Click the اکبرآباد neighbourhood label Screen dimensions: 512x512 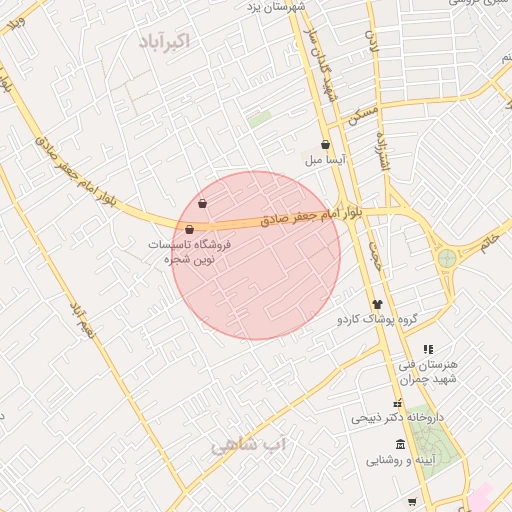click(x=167, y=42)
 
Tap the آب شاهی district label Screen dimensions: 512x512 click(x=248, y=444)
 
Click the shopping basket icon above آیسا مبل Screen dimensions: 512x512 click(x=325, y=145)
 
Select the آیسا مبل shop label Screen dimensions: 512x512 click(x=326, y=160)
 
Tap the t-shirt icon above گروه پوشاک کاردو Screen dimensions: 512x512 click(x=377, y=303)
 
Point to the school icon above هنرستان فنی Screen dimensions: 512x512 click(x=428, y=349)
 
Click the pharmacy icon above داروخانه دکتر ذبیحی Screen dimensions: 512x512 click(x=398, y=402)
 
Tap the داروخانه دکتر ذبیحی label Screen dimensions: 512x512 click(x=397, y=417)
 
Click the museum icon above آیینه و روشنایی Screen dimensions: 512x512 click(x=401, y=445)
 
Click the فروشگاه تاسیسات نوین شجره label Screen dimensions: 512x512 click(x=190, y=251)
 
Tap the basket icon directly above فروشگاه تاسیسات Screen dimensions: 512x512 click(x=189, y=230)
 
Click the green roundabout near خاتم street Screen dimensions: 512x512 click(x=446, y=258)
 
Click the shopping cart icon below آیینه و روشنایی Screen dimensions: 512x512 click(x=412, y=501)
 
